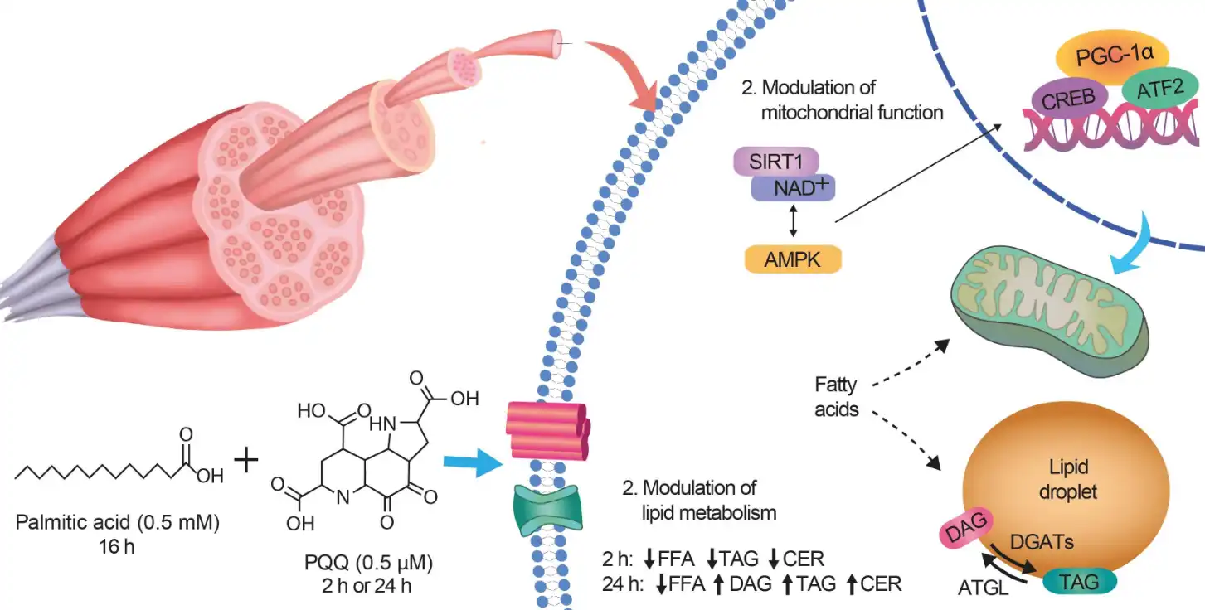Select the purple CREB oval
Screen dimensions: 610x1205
[x=1069, y=100]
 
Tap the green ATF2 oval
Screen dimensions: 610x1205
[x=1159, y=90]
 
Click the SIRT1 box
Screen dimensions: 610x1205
[x=775, y=161]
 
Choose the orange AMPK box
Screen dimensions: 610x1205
[x=793, y=259]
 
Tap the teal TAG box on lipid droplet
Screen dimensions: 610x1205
[x=1079, y=583]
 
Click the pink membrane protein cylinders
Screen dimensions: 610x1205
[x=547, y=430]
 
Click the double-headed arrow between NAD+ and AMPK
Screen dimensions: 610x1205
[x=794, y=222]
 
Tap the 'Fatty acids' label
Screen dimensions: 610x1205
[x=836, y=397]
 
